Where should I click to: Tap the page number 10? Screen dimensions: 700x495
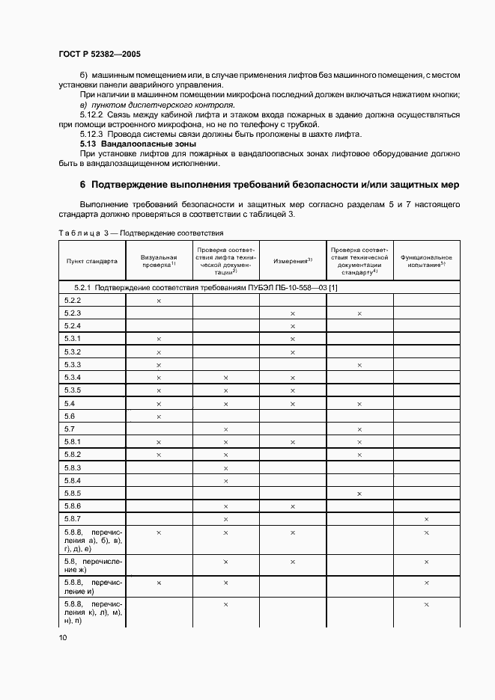[x=63, y=637]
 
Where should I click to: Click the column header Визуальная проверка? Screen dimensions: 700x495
[x=159, y=261]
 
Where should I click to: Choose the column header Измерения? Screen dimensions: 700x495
[x=292, y=260]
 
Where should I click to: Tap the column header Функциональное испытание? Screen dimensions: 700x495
[x=426, y=261]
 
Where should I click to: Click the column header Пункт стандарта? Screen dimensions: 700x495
[x=91, y=261]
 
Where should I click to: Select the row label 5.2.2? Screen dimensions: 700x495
[x=73, y=300]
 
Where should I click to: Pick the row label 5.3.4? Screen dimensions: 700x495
[x=73, y=377]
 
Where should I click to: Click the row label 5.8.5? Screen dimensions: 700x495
[x=73, y=493]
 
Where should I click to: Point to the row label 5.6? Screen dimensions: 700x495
[x=70, y=416]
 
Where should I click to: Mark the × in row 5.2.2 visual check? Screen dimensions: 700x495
[x=159, y=301]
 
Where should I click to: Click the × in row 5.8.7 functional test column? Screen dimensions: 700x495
[x=426, y=519]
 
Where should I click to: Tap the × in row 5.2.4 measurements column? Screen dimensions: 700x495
[x=292, y=326]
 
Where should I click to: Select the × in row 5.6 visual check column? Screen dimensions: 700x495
[x=159, y=417]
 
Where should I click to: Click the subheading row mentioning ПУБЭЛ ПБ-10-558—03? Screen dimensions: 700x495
[x=206, y=287]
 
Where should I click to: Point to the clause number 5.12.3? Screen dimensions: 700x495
[x=93, y=134]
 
